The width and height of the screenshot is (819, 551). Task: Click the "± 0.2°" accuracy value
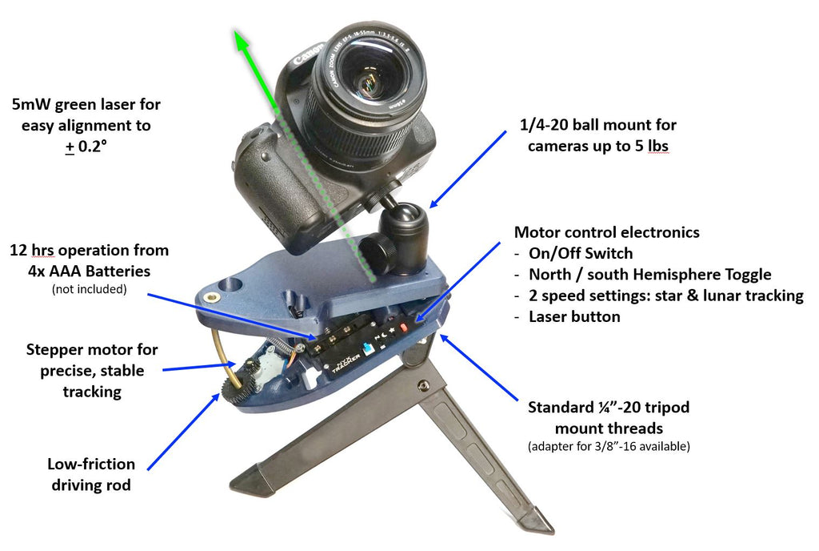86,147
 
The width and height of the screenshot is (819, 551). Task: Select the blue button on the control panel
369,350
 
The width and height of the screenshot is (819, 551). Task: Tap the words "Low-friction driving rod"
91,474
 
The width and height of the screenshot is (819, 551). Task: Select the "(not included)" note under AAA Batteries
89,289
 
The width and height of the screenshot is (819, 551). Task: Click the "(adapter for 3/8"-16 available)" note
608,445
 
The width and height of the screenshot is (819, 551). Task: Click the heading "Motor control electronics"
606,232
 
